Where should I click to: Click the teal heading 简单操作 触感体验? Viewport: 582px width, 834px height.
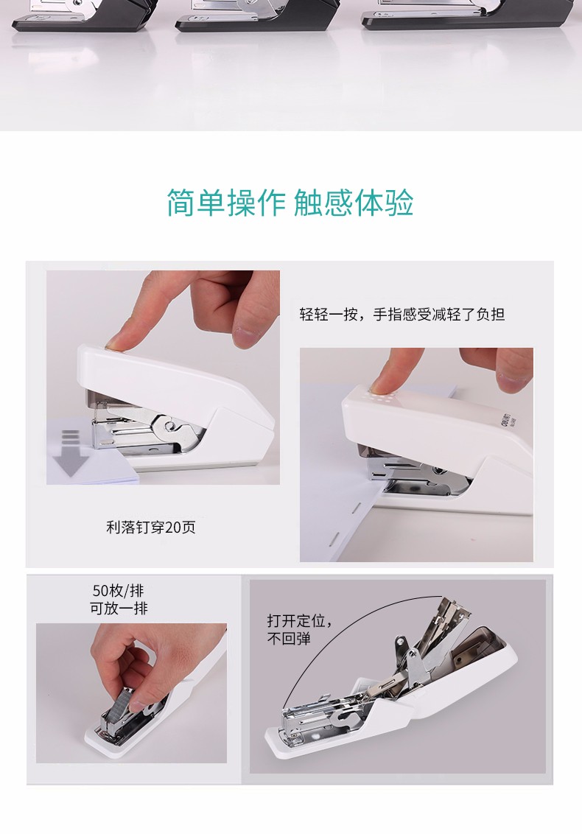point(290,203)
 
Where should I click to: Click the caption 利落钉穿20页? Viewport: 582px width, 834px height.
point(151,527)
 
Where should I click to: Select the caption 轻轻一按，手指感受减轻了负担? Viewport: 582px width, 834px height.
point(402,315)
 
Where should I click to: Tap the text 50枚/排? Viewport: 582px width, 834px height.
point(118,590)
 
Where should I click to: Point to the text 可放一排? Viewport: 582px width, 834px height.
point(119,608)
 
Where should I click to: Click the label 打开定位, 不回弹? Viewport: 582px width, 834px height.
point(300,629)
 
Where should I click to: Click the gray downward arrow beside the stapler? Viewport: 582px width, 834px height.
point(70,452)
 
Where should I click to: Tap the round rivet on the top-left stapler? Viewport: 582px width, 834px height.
point(170,424)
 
